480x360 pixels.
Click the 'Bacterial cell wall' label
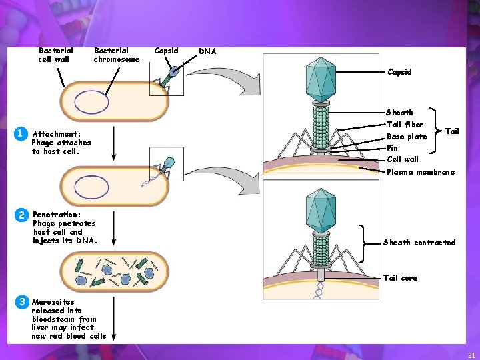pos(55,55)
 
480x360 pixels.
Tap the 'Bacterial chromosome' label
pos(117,55)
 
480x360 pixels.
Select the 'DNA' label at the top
pos(207,51)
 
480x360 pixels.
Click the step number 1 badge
pos(21,133)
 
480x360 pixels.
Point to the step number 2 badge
pos(21,215)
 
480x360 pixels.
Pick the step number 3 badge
pos(21,301)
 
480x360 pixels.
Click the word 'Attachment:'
pos(57,134)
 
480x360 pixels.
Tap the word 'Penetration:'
pos(57,215)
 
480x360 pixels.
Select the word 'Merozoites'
pos(53,301)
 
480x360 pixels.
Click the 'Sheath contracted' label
pos(419,243)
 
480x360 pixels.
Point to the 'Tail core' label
pos(400,278)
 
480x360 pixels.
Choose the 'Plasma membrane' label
pos(421,172)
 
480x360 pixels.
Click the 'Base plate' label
pos(407,137)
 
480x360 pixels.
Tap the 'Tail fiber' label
pos(405,125)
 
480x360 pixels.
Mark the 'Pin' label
pos(392,148)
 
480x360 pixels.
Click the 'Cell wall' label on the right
pos(403,159)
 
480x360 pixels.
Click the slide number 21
pos(471,355)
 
